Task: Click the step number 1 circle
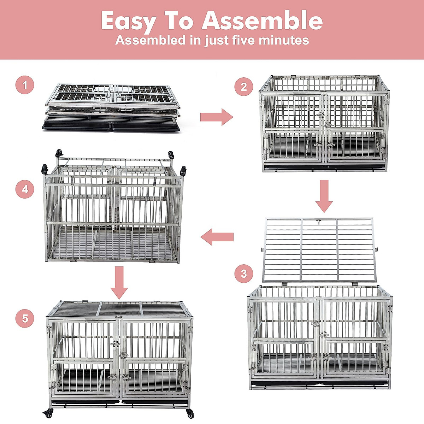[x=25, y=85]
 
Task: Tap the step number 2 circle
[x=244, y=87]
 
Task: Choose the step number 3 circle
[x=244, y=273]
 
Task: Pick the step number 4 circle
[x=25, y=189]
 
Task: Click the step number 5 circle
[x=25, y=318]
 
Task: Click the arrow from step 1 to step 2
[x=216, y=117]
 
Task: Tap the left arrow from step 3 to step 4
[x=217, y=237]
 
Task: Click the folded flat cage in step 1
[x=112, y=101]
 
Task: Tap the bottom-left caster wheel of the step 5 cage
[x=48, y=412]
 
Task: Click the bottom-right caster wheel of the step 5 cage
[x=190, y=413]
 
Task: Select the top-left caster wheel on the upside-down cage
[x=59, y=153]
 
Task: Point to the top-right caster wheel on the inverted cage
[x=171, y=155]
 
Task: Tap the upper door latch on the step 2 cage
[x=321, y=115]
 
